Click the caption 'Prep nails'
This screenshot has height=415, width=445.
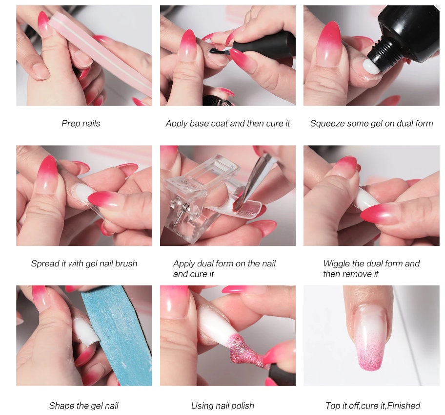[x=81, y=124]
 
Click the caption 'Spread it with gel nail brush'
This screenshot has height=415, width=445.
[x=84, y=263]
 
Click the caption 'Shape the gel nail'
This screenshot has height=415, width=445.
[x=83, y=406]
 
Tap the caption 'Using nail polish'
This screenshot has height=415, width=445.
[x=222, y=406]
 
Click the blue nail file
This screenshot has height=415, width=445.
[x=117, y=332]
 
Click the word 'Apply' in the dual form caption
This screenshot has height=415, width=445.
[x=184, y=263]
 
